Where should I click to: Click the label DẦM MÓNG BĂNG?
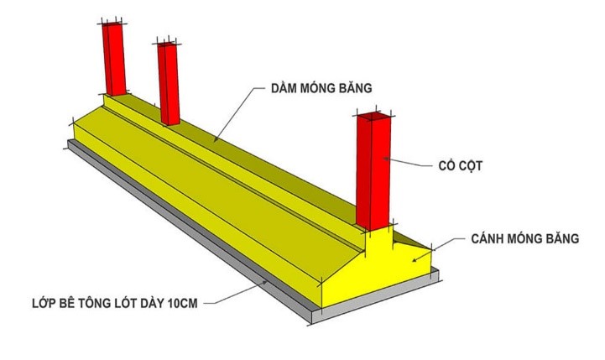(321, 88)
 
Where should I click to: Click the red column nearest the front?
(374, 172)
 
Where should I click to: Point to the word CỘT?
(474, 166)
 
